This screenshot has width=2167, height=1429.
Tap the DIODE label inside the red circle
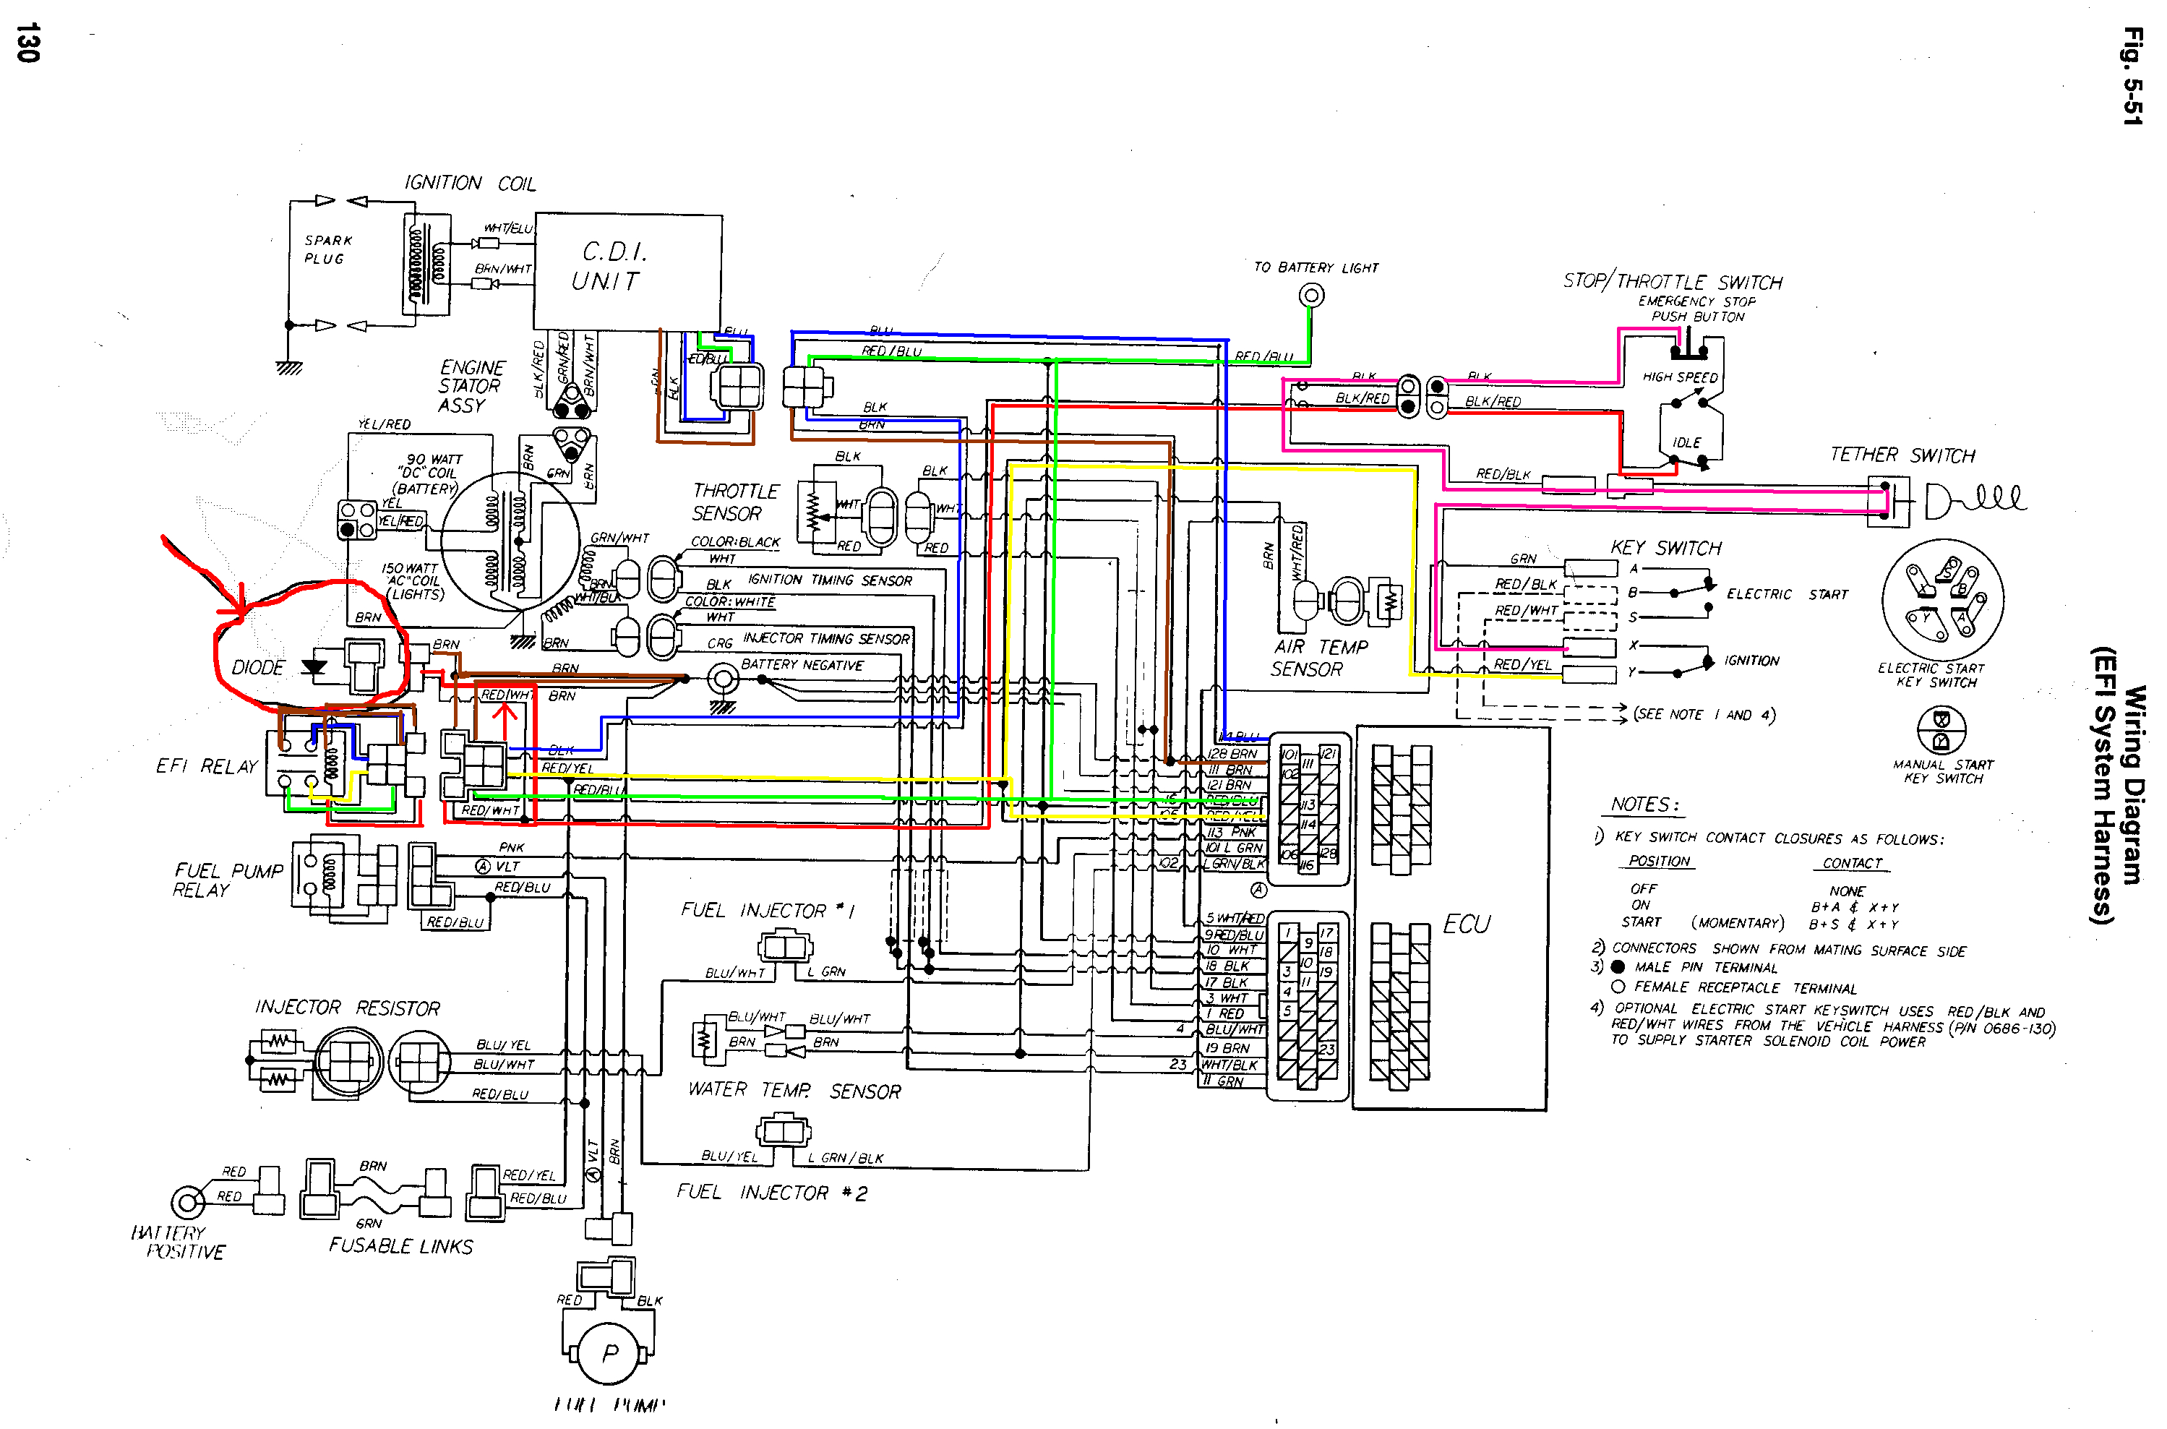[258, 668]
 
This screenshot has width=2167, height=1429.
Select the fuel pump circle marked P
[609, 1352]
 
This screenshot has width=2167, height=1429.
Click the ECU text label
[1467, 924]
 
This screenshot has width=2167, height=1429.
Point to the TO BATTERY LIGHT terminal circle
[1310, 296]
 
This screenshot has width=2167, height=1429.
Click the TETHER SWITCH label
[1902, 455]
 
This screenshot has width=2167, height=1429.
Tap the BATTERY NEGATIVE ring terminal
[723, 679]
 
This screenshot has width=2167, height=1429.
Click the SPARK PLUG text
[327, 249]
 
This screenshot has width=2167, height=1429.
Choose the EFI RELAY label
[207, 766]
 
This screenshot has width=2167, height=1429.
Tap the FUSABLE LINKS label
[401, 1246]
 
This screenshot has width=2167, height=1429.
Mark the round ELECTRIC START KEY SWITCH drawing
[1943, 600]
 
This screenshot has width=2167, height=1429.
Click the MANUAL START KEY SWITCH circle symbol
[1942, 731]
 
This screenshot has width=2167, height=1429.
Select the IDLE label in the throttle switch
[1687, 442]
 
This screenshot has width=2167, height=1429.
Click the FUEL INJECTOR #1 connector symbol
[783, 947]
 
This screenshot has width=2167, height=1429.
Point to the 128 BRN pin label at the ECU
[1232, 754]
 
